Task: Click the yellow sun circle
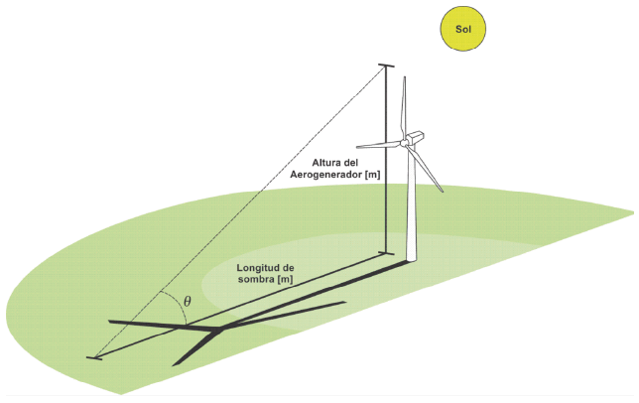[464, 29]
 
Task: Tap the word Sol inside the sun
[464, 29]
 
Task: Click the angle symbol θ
[189, 302]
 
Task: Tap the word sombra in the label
[257, 280]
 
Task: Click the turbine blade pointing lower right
[429, 167]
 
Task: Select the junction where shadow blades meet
[218, 329]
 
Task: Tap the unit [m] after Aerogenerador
[372, 175]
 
